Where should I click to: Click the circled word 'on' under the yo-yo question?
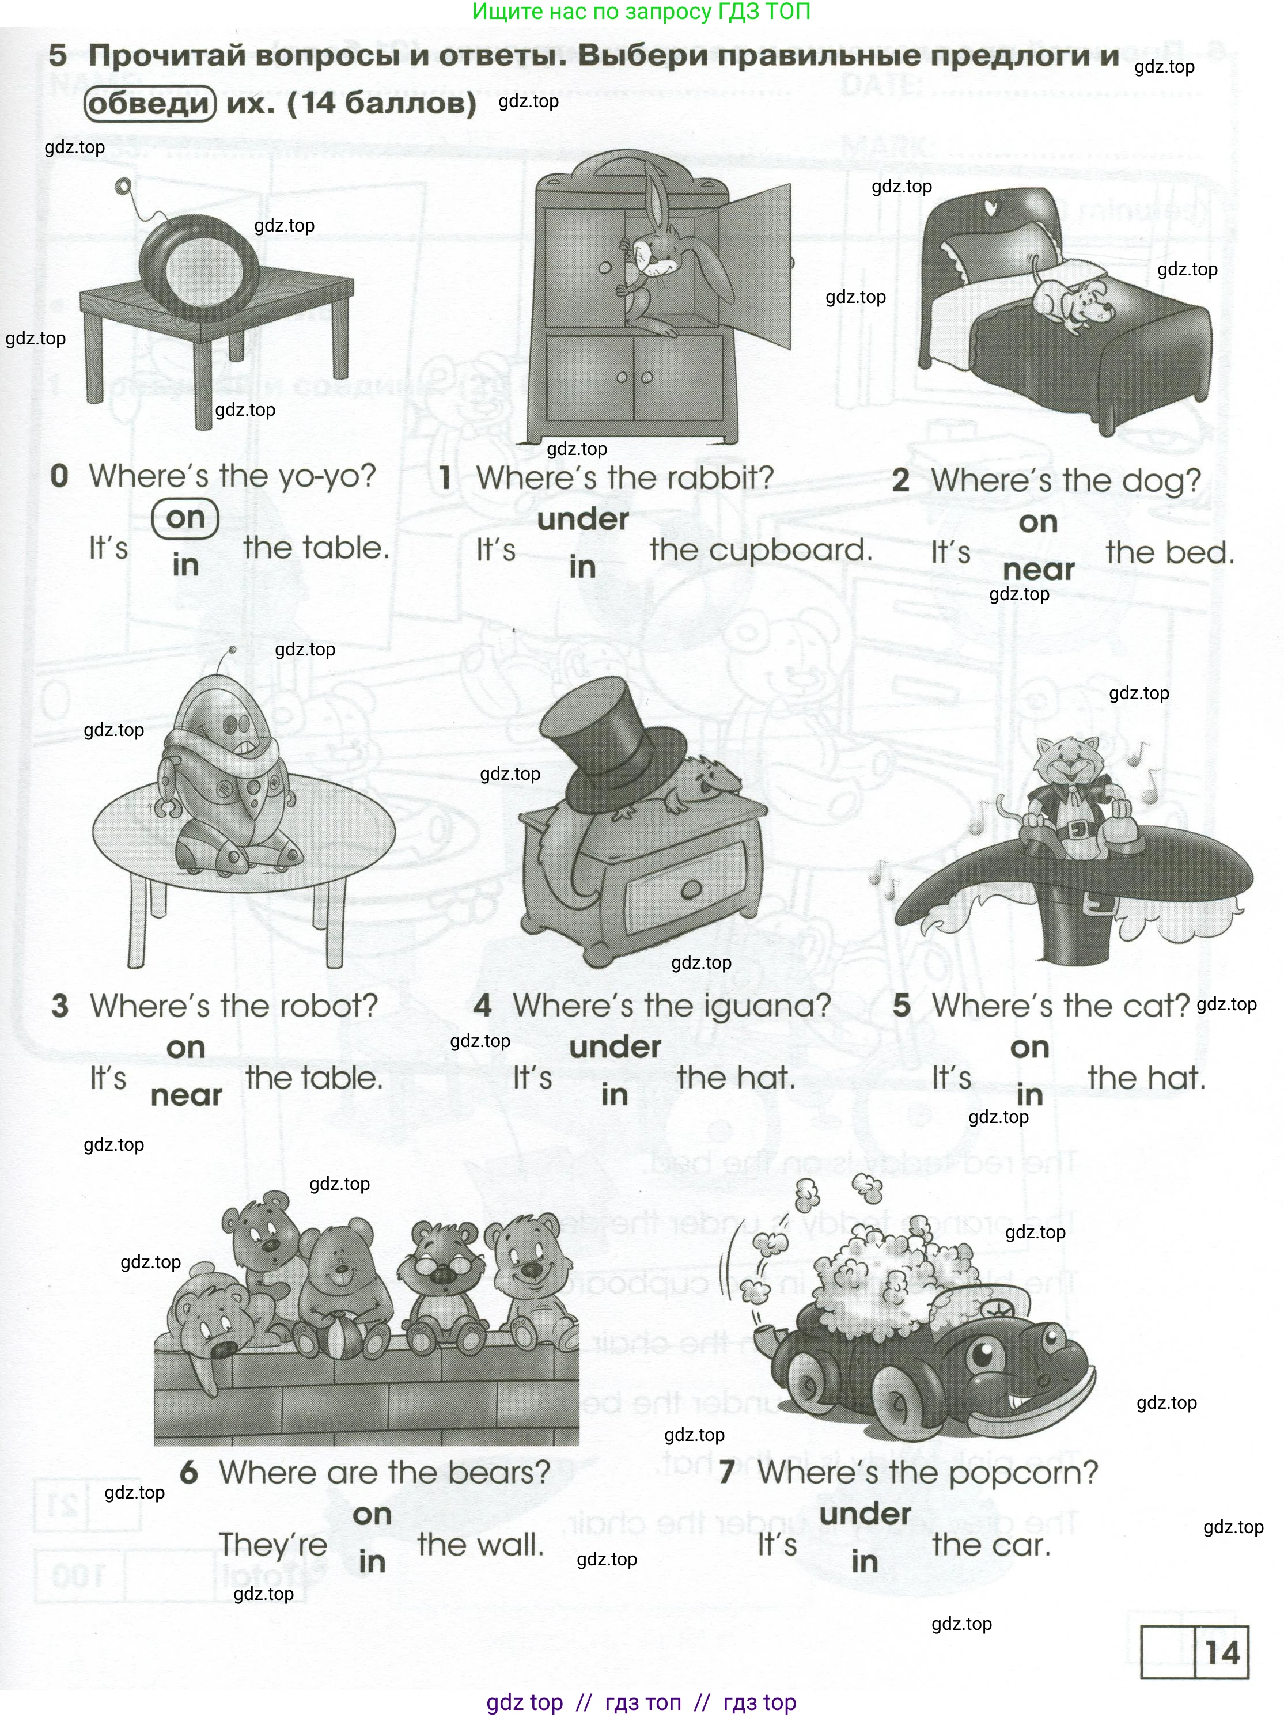[185, 518]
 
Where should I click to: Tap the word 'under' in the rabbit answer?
[582, 519]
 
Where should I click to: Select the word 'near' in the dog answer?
[1038, 571]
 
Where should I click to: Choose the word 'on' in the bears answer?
[372, 1514]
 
